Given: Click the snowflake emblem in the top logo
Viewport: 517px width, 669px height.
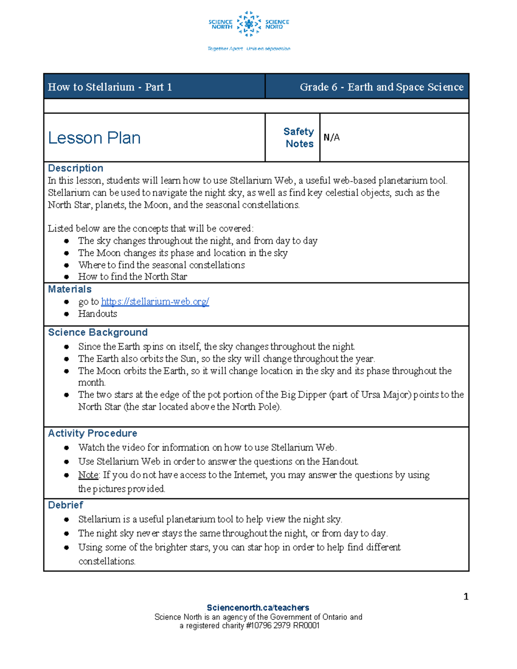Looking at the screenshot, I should (x=249, y=24).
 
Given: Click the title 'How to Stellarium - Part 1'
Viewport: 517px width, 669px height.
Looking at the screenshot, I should (x=110, y=87).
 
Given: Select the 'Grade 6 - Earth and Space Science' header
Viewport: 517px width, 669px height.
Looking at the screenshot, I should (x=381, y=87).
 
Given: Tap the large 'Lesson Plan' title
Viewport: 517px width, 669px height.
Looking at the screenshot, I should (x=94, y=138).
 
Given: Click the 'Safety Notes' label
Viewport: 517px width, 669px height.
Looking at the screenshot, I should (x=299, y=138).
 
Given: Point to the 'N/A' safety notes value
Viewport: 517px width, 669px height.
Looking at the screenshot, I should (x=331, y=137).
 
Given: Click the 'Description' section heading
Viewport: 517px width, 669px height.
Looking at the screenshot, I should (x=75, y=168).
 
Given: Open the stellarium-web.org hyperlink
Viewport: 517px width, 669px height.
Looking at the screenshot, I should (x=155, y=302).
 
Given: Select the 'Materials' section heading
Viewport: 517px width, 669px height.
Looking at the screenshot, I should (x=70, y=289).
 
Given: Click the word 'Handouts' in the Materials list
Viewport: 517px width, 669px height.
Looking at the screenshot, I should (x=97, y=314).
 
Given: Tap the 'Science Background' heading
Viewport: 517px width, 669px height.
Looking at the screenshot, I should (x=98, y=333).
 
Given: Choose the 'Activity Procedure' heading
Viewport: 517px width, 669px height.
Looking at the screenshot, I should (x=93, y=433).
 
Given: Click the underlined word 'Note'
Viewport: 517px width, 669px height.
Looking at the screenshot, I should (x=88, y=475).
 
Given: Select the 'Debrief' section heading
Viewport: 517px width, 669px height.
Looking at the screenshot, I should (x=65, y=505).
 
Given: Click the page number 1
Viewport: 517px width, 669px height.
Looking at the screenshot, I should (x=466, y=597).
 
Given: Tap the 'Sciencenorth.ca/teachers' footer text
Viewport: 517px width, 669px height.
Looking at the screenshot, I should (x=258, y=608).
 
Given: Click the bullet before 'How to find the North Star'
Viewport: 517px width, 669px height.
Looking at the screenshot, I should (x=66, y=277).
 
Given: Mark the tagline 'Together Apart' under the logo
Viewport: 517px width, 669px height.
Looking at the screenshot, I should (x=225, y=49).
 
